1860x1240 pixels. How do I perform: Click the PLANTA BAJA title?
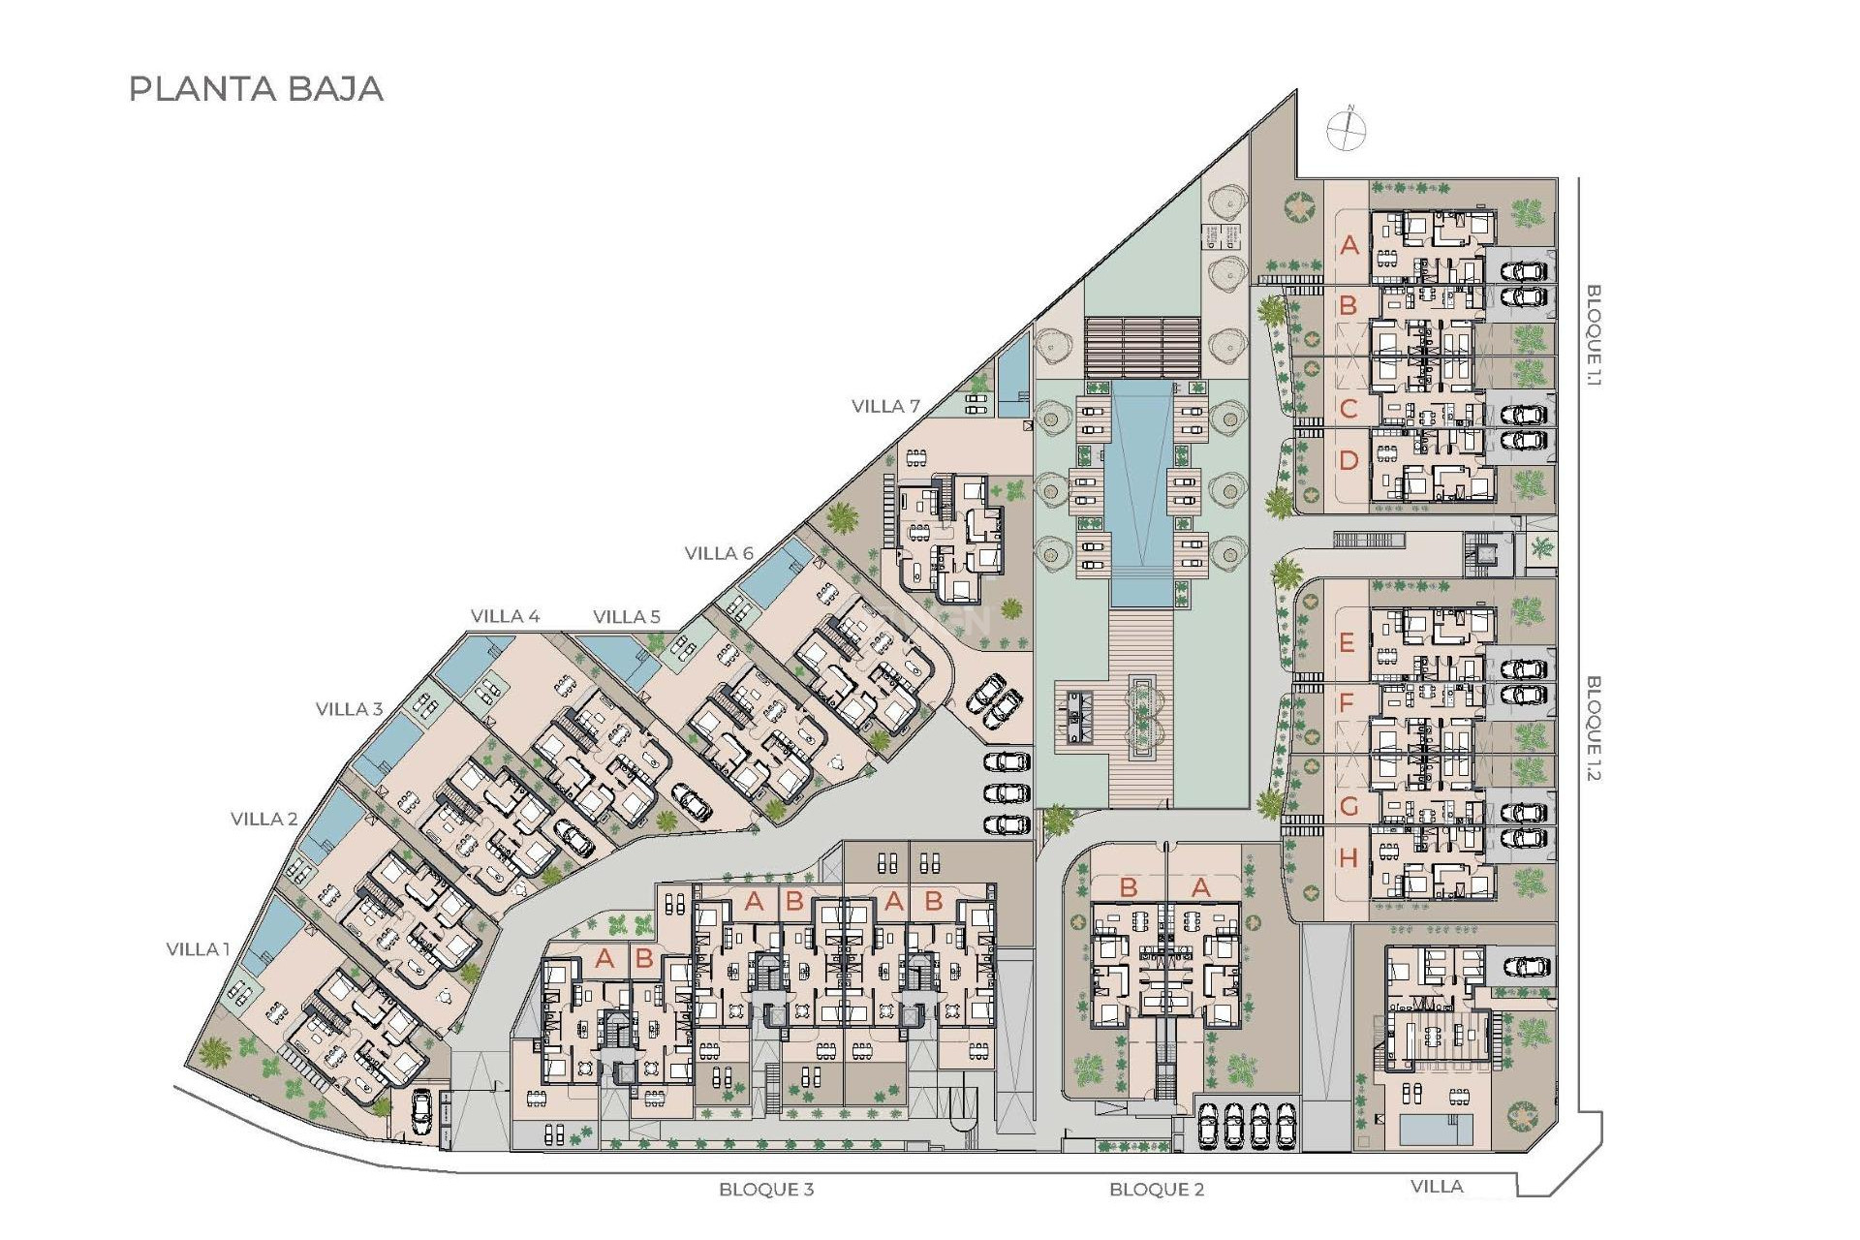(257, 89)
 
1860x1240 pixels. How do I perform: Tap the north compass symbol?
(1346, 129)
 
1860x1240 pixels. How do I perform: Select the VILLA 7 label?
(885, 407)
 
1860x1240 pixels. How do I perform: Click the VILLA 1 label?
(198, 949)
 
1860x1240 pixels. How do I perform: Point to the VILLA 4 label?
(505, 616)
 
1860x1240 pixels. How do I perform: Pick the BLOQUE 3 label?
(766, 1190)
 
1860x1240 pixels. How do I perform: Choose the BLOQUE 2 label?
(1157, 1190)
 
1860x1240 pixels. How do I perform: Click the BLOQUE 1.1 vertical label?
(1594, 335)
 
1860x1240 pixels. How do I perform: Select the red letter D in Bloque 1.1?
(1348, 461)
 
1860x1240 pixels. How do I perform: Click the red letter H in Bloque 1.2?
(1348, 858)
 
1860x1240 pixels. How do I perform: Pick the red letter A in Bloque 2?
(1200, 887)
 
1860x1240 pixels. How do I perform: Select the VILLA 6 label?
(719, 553)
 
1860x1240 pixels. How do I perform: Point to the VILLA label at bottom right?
(1437, 1187)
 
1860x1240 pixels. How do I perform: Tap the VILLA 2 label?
(263, 820)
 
